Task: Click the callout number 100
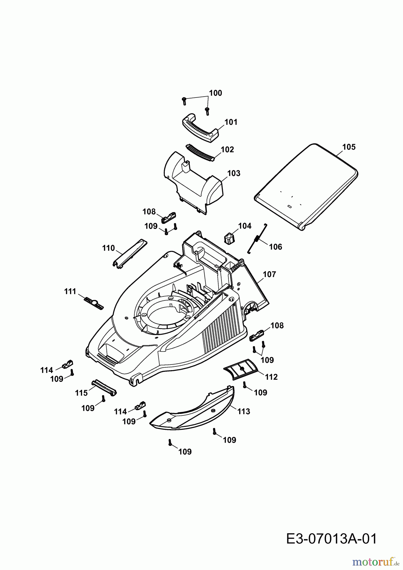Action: [x=215, y=93]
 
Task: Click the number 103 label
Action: [x=234, y=173]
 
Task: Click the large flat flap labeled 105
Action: [x=306, y=187]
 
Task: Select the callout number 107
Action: [x=269, y=274]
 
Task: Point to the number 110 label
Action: [x=109, y=248]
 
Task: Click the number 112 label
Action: [x=271, y=377]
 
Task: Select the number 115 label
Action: [x=81, y=393]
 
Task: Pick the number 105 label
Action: [x=349, y=147]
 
